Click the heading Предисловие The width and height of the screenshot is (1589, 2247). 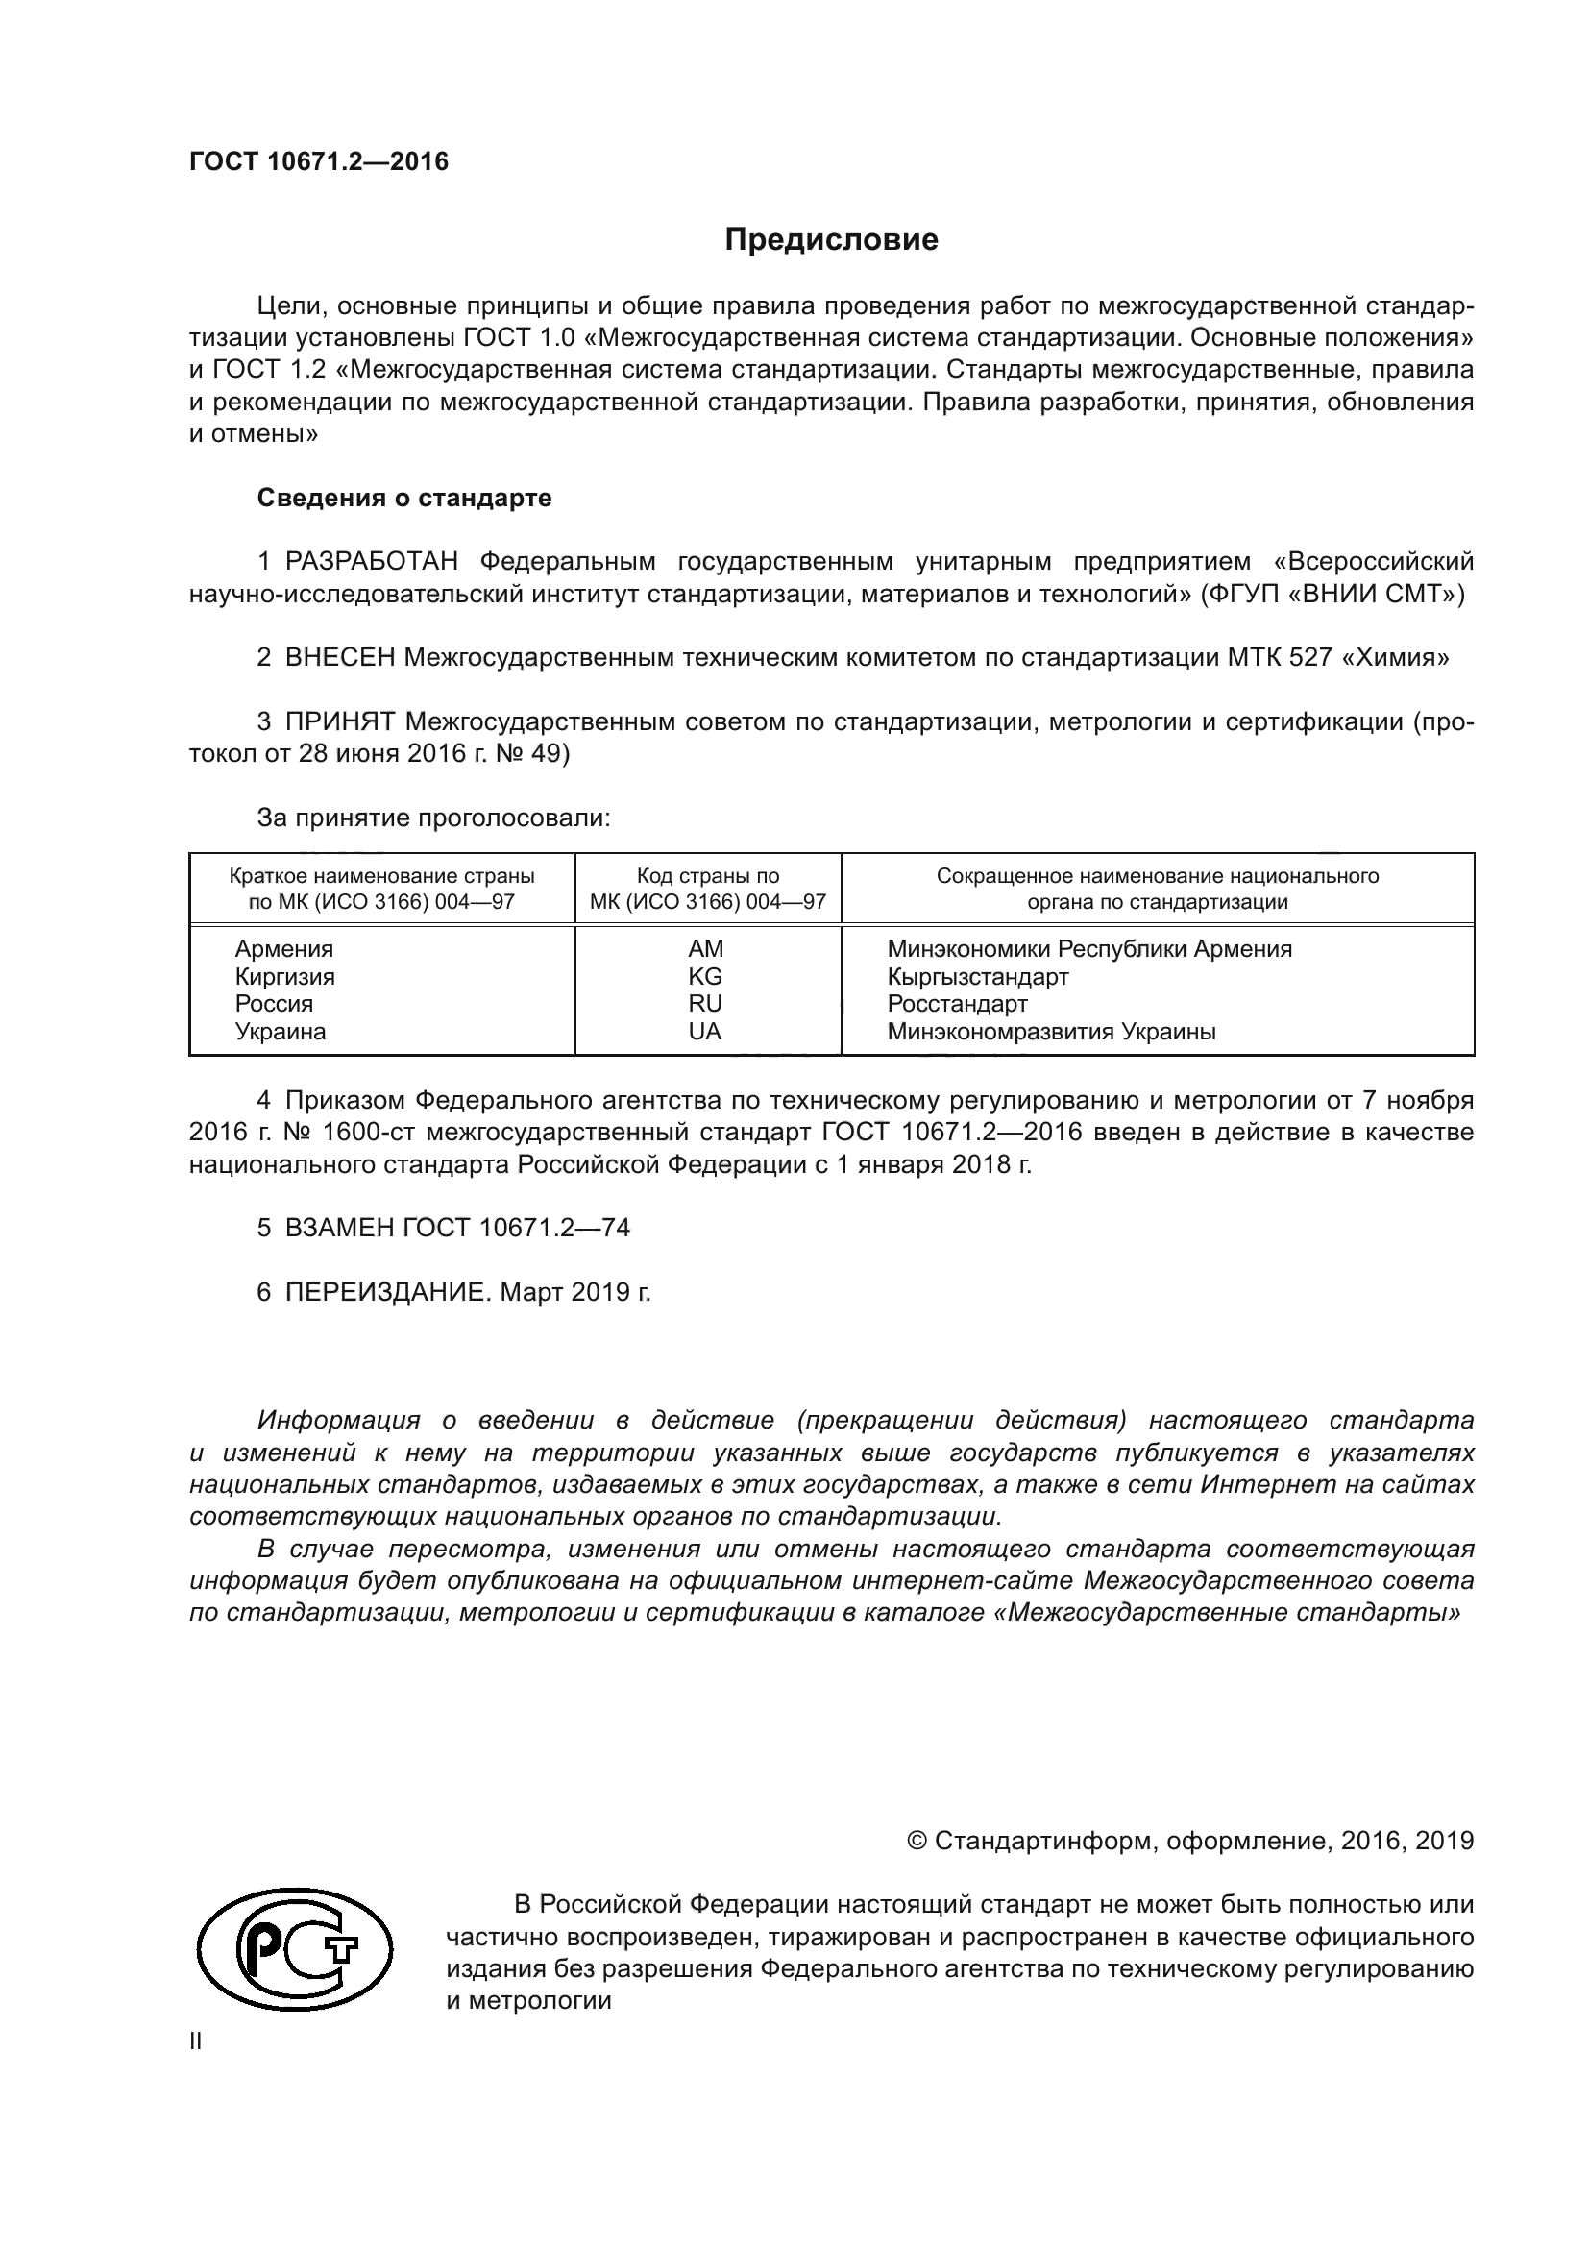831,240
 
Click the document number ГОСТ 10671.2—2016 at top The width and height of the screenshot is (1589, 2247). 319,161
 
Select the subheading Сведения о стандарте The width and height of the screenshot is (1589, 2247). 404,499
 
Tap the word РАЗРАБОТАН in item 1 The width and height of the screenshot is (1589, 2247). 372,562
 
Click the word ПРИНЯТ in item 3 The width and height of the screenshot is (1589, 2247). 339,722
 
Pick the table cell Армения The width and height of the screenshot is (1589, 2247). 283,948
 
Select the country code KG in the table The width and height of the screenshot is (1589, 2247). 704,976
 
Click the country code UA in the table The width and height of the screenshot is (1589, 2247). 704,1031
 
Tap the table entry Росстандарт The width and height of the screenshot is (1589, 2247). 957,1003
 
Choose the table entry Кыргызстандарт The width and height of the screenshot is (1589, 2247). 977,976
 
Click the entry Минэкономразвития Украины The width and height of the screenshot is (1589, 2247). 1051,1031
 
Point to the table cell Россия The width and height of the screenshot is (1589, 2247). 274,1003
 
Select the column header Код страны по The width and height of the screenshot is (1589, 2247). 707,876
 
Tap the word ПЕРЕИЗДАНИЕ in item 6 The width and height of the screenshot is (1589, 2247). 385,1292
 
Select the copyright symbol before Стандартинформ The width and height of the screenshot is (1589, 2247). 917,1841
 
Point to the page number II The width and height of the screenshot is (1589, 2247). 196,2041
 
